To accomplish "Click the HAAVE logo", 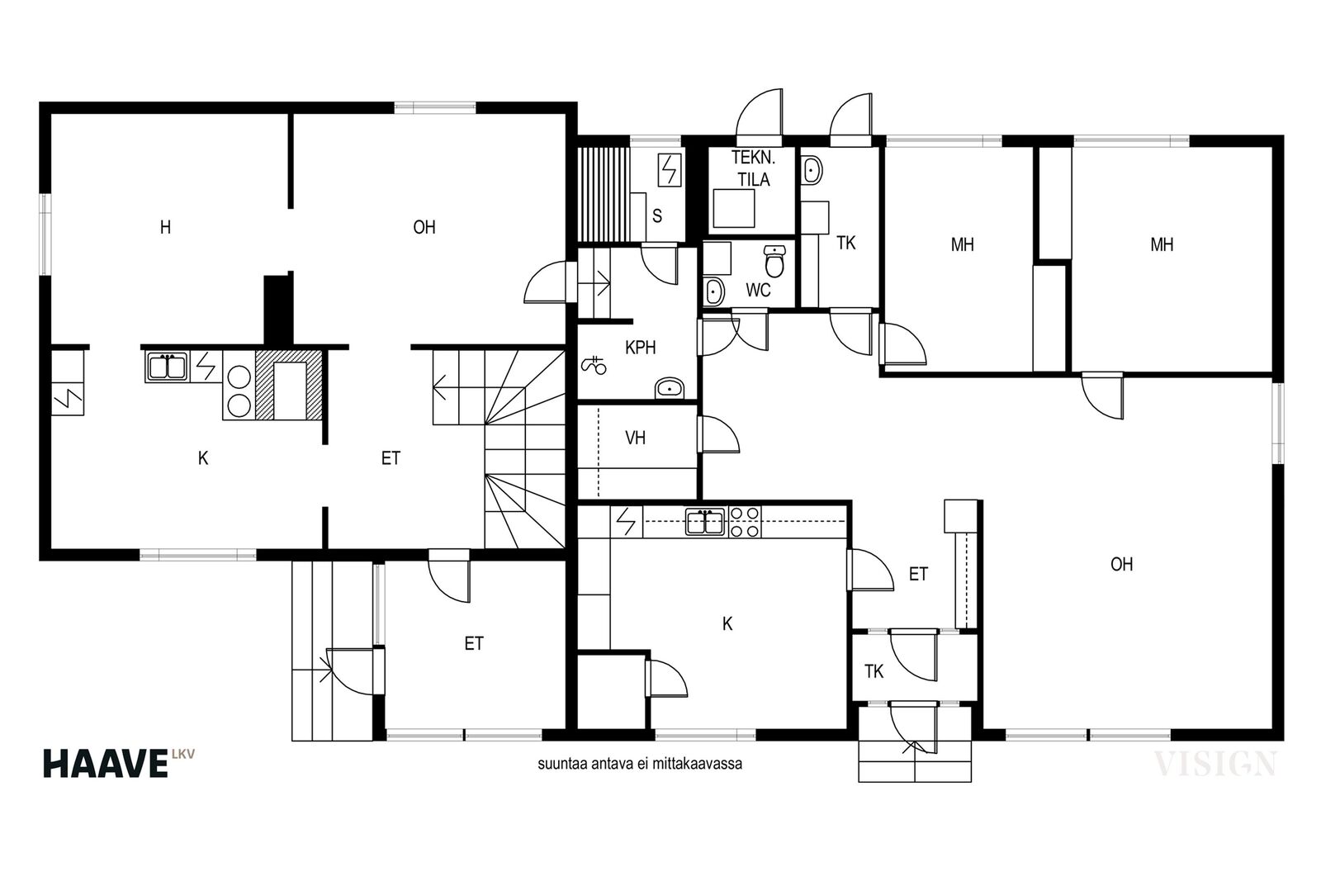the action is pyautogui.click(x=119, y=763).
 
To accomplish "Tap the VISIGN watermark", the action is pyautogui.click(x=1214, y=764).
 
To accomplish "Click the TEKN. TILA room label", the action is pyautogui.click(x=753, y=168).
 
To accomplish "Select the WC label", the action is pyautogui.click(x=758, y=290).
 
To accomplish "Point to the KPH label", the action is pyautogui.click(x=641, y=348).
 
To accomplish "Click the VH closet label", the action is pyautogui.click(x=635, y=438).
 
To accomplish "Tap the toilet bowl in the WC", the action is pyautogui.click(x=774, y=261).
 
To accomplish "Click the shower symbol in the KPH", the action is pyautogui.click(x=594, y=365).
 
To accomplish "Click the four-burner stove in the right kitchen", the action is pyautogui.click(x=744, y=522).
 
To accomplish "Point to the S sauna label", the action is pyautogui.click(x=657, y=216).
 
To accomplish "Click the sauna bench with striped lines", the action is pyautogui.click(x=604, y=194).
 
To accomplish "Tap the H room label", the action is pyautogui.click(x=166, y=227).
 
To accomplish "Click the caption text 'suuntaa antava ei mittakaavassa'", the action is pyautogui.click(x=640, y=764).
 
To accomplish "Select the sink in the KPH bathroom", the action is pyautogui.click(x=670, y=388).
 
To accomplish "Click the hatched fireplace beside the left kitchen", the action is pyautogui.click(x=290, y=385).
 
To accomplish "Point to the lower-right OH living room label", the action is pyautogui.click(x=1122, y=564).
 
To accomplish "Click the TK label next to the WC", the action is pyautogui.click(x=845, y=243).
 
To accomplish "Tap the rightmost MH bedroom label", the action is pyautogui.click(x=1162, y=244).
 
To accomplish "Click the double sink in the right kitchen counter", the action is pyautogui.click(x=705, y=522).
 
